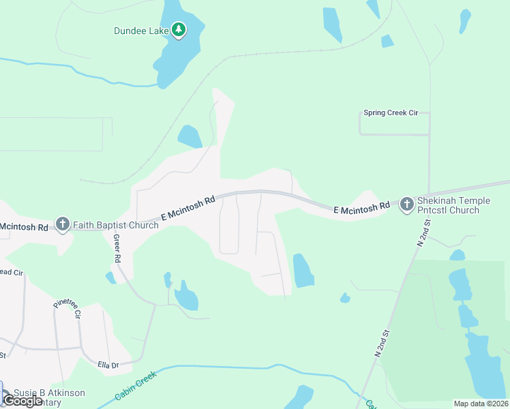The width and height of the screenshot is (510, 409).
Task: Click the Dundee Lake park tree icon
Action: (179, 30)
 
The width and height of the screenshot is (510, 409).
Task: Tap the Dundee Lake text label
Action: (141, 30)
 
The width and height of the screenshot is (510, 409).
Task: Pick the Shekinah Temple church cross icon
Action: (407, 203)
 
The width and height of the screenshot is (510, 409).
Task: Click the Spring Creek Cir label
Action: (390, 112)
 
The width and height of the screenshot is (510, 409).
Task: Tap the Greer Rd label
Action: (117, 249)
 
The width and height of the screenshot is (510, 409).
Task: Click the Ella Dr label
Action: (108, 365)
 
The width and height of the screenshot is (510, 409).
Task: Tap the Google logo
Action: (22, 401)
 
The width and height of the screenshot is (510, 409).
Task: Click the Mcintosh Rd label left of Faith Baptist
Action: (23, 226)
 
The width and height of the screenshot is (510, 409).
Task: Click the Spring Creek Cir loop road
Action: (394, 134)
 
